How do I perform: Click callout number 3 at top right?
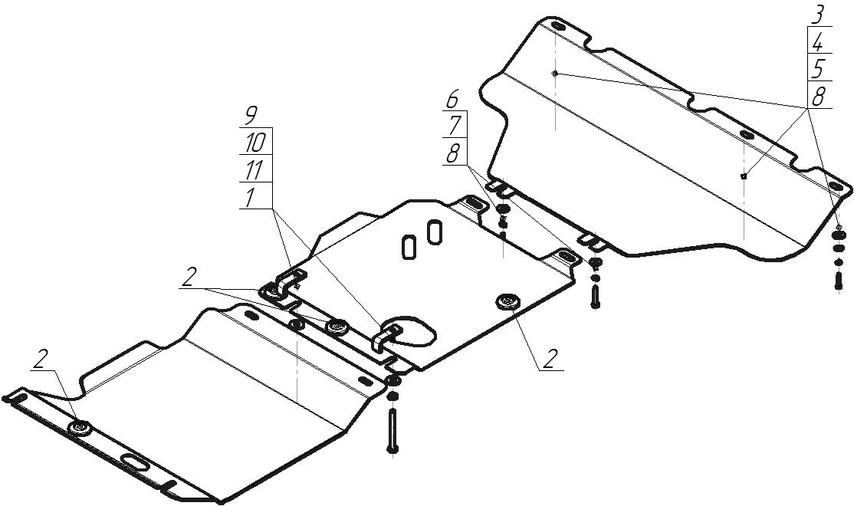pyautogui.click(x=819, y=14)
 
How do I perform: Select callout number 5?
pyautogui.click(x=819, y=69)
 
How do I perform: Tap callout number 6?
pyautogui.click(x=453, y=99)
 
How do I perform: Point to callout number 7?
pyautogui.click(x=453, y=125)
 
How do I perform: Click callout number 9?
pyautogui.click(x=250, y=116)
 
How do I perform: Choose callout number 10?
pyautogui.click(x=254, y=143)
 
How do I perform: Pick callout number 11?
pyautogui.click(x=254, y=170)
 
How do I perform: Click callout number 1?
pyautogui.click(x=250, y=197)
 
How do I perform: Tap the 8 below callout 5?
pyautogui.click(x=819, y=97)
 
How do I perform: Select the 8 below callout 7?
pyautogui.click(x=453, y=153)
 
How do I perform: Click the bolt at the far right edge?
pyautogui.click(x=839, y=277)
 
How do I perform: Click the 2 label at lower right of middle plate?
pyautogui.click(x=549, y=359)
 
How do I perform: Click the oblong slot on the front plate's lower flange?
pyautogui.click(x=135, y=462)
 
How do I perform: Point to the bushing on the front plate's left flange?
pyautogui.click(x=80, y=427)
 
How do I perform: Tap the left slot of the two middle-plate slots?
pyautogui.click(x=409, y=247)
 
